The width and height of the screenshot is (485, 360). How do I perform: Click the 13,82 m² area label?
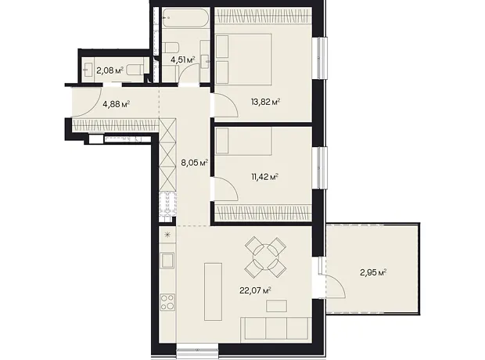[x=265, y=102]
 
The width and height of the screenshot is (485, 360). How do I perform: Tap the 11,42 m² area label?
[x=264, y=177]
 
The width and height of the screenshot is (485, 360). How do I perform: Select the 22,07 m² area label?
[x=256, y=290]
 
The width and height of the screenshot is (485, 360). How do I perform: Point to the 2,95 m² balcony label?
[x=373, y=272]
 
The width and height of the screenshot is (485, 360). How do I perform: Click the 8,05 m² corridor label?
[x=194, y=163]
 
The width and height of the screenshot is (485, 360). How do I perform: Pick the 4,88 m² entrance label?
[x=116, y=104]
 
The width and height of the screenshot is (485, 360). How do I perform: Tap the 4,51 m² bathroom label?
[x=183, y=59]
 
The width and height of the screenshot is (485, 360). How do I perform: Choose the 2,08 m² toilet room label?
[x=110, y=71]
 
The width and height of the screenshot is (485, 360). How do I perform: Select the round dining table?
[x=265, y=257]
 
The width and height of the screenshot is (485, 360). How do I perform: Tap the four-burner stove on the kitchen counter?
[x=167, y=302]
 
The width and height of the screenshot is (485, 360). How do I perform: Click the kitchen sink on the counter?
[x=167, y=260]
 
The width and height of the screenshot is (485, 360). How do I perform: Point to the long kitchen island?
[x=213, y=292]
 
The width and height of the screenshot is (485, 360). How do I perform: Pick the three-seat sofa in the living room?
[x=276, y=328]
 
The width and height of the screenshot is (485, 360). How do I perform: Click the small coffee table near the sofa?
[x=276, y=306]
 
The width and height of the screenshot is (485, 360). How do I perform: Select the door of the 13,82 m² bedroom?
[x=226, y=105]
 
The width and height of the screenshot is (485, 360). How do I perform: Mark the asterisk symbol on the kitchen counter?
[x=167, y=234]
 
